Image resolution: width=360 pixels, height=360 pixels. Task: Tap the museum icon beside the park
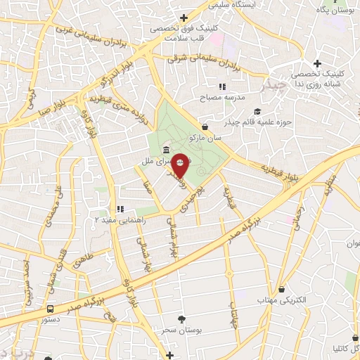[x=165, y=150]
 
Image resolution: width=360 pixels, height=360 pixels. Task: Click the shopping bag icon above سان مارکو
[x=205, y=127]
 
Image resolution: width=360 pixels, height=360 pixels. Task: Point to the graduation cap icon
[x=257, y=112]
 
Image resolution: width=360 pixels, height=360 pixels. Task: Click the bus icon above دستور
[x=50, y=309]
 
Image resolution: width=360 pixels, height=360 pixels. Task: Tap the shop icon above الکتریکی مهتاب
[x=281, y=289]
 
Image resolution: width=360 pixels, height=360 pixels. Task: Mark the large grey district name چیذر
[x=274, y=86]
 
